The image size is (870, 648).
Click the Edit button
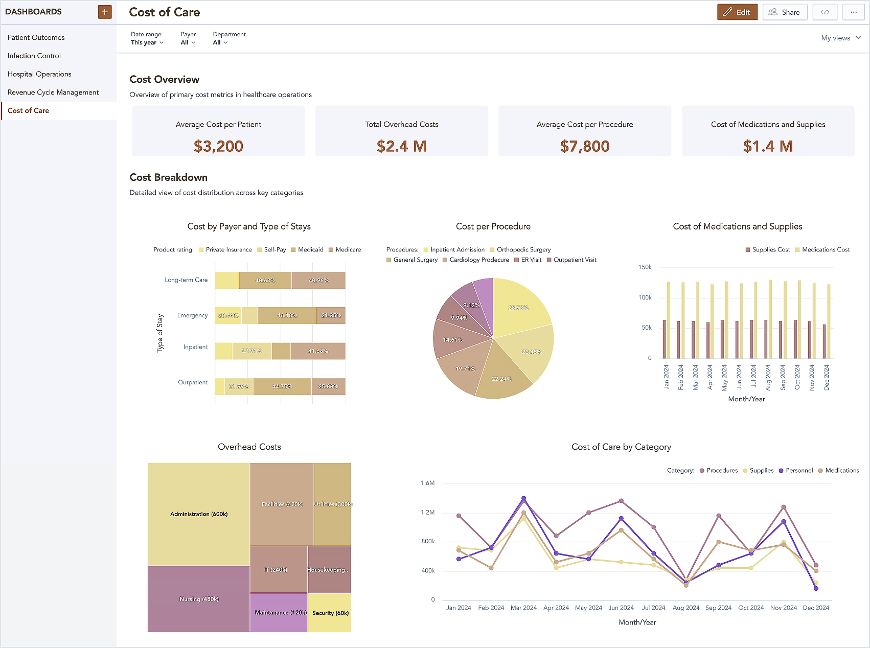pyautogui.click(x=737, y=12)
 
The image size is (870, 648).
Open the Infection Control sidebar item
pyautogui.click(x=34, y=56)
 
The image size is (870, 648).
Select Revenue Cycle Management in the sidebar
pyautogui.click(x=53, y=92)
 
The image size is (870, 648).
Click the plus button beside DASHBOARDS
pyautogui.click(x=105, y=12)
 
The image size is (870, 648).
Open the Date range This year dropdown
pyautogui.click(x=147, y=42)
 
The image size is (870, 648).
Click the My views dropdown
pyautogui.click(x=840, y=38)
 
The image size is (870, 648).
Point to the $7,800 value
pyautogui.click(x=584, y=146)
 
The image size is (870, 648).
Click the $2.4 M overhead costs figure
pyautogui.click(x=401, y=146)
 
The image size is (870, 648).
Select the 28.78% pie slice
pyautogui.click(x=519, y=307)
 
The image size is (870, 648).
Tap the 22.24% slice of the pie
pyautogui.click(x=501, y=379)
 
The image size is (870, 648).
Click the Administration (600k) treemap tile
pyautogui.click(x=198, y=514)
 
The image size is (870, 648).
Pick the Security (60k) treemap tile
pyautogui.click(x=330, y=613)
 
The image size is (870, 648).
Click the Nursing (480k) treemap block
pyautogui.click(x=198, y=599)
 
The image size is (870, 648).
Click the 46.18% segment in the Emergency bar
pyautogui.click(x=287, y=315)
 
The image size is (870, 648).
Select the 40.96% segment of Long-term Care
pyautogui.click(x=318, y=281)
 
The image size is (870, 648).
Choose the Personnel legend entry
pyautogui.click(x=798, y=470)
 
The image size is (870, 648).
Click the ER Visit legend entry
pyautogui.click(x=531, y=260)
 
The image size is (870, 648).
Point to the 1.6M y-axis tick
pyautogui.click(x=427, y=483)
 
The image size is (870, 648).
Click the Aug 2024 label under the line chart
pyautogui.click(x=685, y=608)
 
